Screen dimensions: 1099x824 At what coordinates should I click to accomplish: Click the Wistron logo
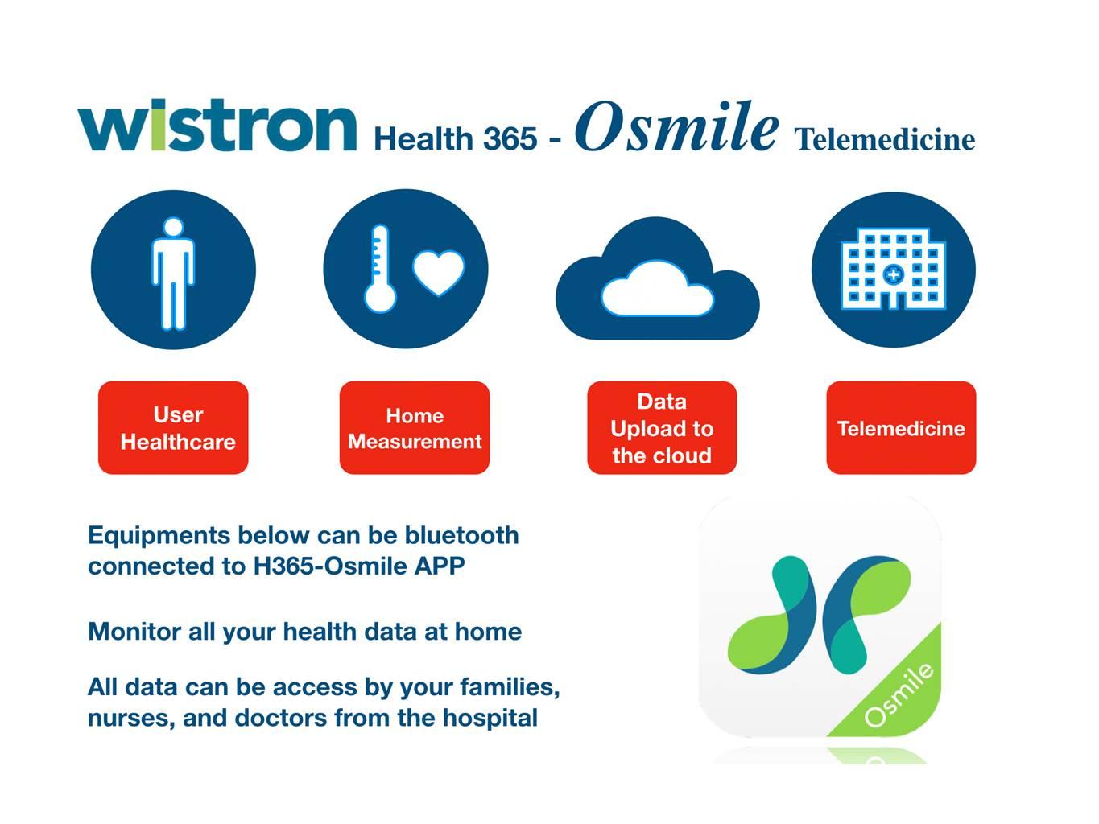click(217, 125)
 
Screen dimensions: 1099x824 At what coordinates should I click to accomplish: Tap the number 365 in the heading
click(510, 138)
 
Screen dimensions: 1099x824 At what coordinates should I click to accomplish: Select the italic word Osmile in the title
click(676, 126)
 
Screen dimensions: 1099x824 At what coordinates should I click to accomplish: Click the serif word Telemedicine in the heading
click(885, 139)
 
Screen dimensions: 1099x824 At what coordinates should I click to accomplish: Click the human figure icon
click(173, 274)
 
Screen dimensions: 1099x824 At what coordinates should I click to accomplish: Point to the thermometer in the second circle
click(380, 269)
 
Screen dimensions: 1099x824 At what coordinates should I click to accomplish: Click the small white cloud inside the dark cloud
click(658, 289)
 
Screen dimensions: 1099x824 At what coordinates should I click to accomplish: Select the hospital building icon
click(894, 269)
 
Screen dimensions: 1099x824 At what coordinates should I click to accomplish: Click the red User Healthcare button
click(173, 428)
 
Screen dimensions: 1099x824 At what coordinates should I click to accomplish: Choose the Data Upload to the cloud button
click(662, 428)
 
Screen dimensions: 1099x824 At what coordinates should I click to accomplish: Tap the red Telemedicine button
click(901, 428)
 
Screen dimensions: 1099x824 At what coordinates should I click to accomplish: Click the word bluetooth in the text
click(461, 535)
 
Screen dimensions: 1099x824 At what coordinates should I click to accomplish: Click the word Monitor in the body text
click(134, 632)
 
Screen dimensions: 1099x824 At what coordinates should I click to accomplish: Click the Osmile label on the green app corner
click(899, 695)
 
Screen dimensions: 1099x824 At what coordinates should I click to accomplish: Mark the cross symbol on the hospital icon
click(893, 274)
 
